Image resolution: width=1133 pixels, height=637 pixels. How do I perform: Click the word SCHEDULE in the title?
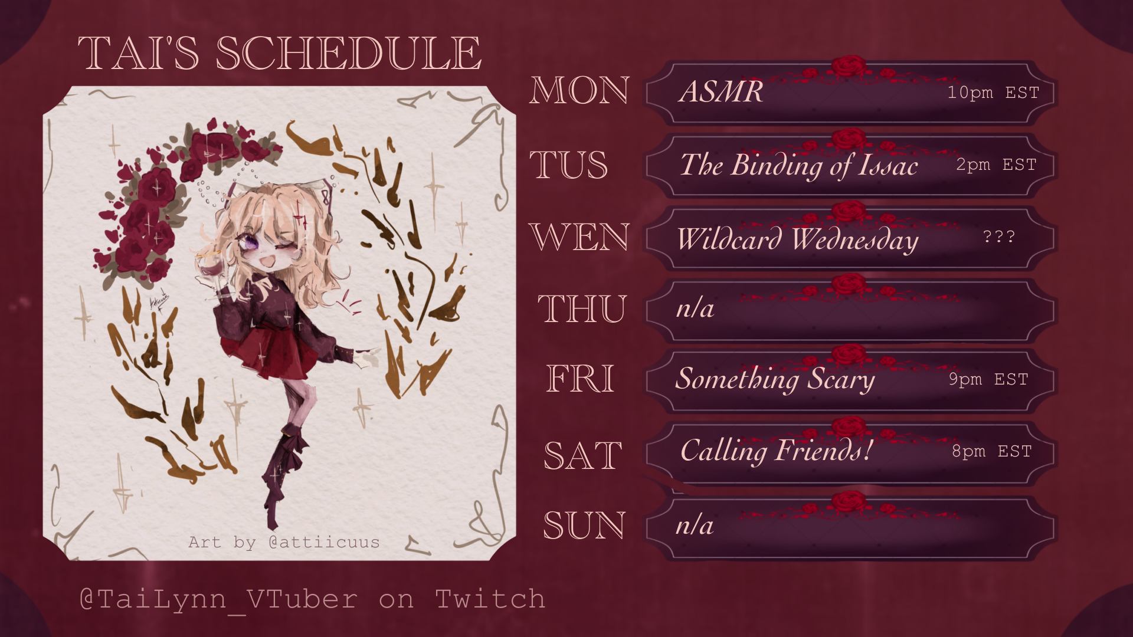tap(349, 53)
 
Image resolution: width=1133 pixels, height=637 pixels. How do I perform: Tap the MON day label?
tap(579, 91)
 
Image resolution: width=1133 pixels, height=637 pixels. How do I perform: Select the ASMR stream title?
tap(721, 91)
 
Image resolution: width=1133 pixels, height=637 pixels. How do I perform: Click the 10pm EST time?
tap(993, 93)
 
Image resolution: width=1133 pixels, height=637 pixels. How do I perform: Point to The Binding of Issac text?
tap(799, 165)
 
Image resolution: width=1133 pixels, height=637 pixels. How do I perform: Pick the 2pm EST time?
tap(996, 165)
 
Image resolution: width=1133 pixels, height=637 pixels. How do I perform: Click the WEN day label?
tap(578, 237)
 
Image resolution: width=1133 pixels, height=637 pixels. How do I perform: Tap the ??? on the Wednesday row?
tap(999, 237)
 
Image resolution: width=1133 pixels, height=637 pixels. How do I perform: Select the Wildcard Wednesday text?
tap(798, 239)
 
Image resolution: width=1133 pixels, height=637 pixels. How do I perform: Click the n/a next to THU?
tap(695, 308)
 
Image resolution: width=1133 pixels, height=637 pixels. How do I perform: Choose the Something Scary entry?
tap(775, 379)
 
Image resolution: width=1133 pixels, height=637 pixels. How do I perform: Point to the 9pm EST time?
tap(988, 379)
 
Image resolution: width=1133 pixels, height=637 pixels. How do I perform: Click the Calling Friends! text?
tap(777, 451)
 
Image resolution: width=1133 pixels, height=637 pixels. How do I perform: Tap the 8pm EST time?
tap(991, 451)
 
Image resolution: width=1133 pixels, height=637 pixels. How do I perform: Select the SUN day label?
tap(584, 526)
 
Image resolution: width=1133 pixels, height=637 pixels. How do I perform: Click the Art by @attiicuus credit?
tap(284, 542)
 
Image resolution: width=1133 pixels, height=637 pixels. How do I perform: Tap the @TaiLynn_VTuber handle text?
tap(218, 599)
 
